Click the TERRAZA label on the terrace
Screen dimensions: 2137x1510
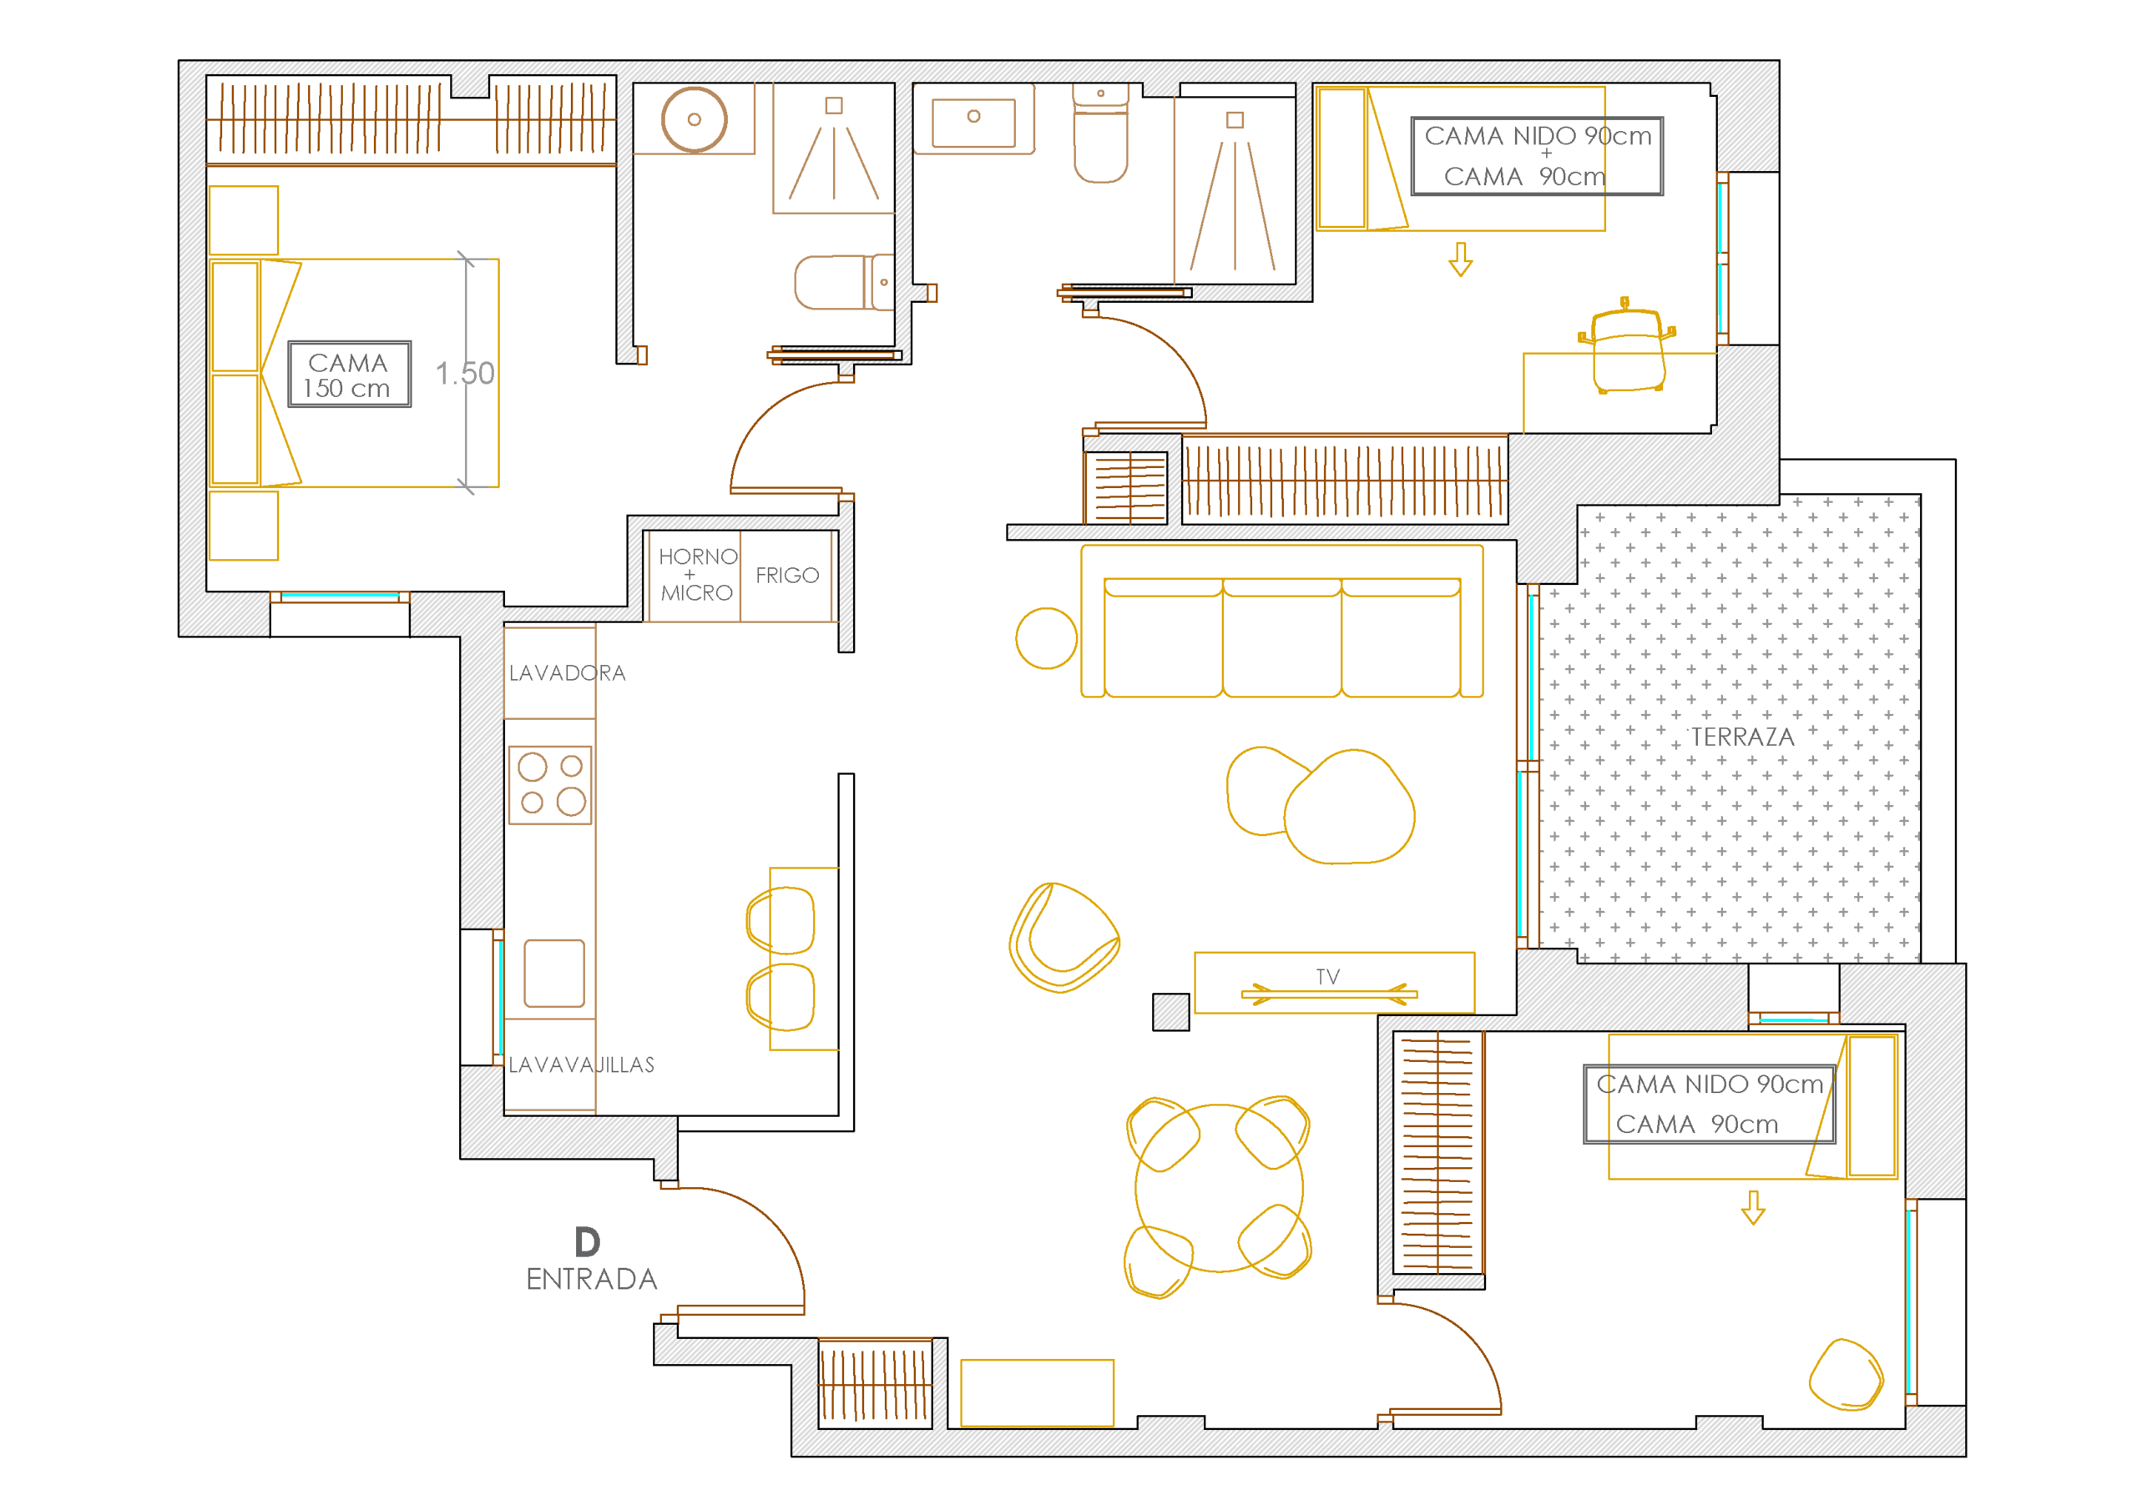coord(1742,737)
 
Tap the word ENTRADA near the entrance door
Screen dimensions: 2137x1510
coord(592,1279)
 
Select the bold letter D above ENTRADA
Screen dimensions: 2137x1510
coord(588,1242)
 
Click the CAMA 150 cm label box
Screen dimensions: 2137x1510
coord(349,374)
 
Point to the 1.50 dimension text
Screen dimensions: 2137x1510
coord(464,373)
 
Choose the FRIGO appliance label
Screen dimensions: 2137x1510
coord(787,576)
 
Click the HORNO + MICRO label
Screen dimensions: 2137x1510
coord(697,575)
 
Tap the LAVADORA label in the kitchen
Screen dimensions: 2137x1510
coord(567,672)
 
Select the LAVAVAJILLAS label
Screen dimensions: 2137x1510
coord(581,1065)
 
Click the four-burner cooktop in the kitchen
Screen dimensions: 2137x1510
coord(550,785)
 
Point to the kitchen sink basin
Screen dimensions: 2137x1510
coord(553,974)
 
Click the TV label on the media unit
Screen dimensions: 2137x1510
coord(1328,977)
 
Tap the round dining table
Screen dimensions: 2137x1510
coord(1220,1188)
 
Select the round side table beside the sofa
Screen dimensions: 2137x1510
coord(1046,638)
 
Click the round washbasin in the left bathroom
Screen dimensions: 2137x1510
coord(695,119)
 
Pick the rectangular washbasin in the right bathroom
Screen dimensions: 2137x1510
coord(973,122)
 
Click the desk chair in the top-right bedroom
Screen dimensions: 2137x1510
coord(1627,346)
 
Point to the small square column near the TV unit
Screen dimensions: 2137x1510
coord(1171,1012)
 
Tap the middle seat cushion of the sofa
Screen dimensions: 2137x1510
coord(1281,637)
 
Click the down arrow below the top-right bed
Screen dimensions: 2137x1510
coord(1460,259)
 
